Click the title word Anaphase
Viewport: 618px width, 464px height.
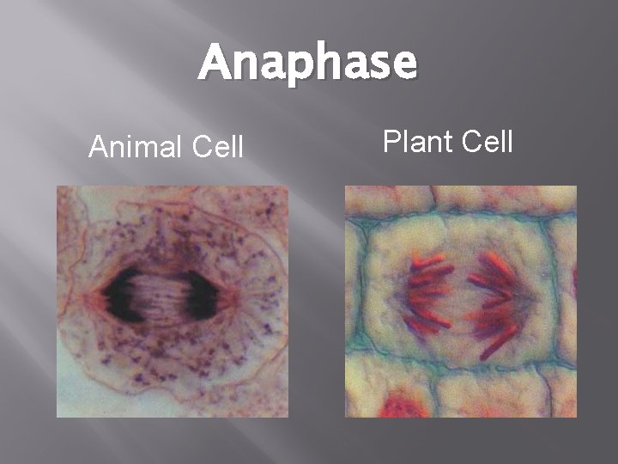(307, 64)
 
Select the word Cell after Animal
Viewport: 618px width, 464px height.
(218, 148)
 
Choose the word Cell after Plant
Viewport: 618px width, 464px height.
(487, 140)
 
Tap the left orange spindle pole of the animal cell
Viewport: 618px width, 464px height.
(92, 296)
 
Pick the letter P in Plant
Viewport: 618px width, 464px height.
(391, 140)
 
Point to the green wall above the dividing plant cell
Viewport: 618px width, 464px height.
(455, 216)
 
